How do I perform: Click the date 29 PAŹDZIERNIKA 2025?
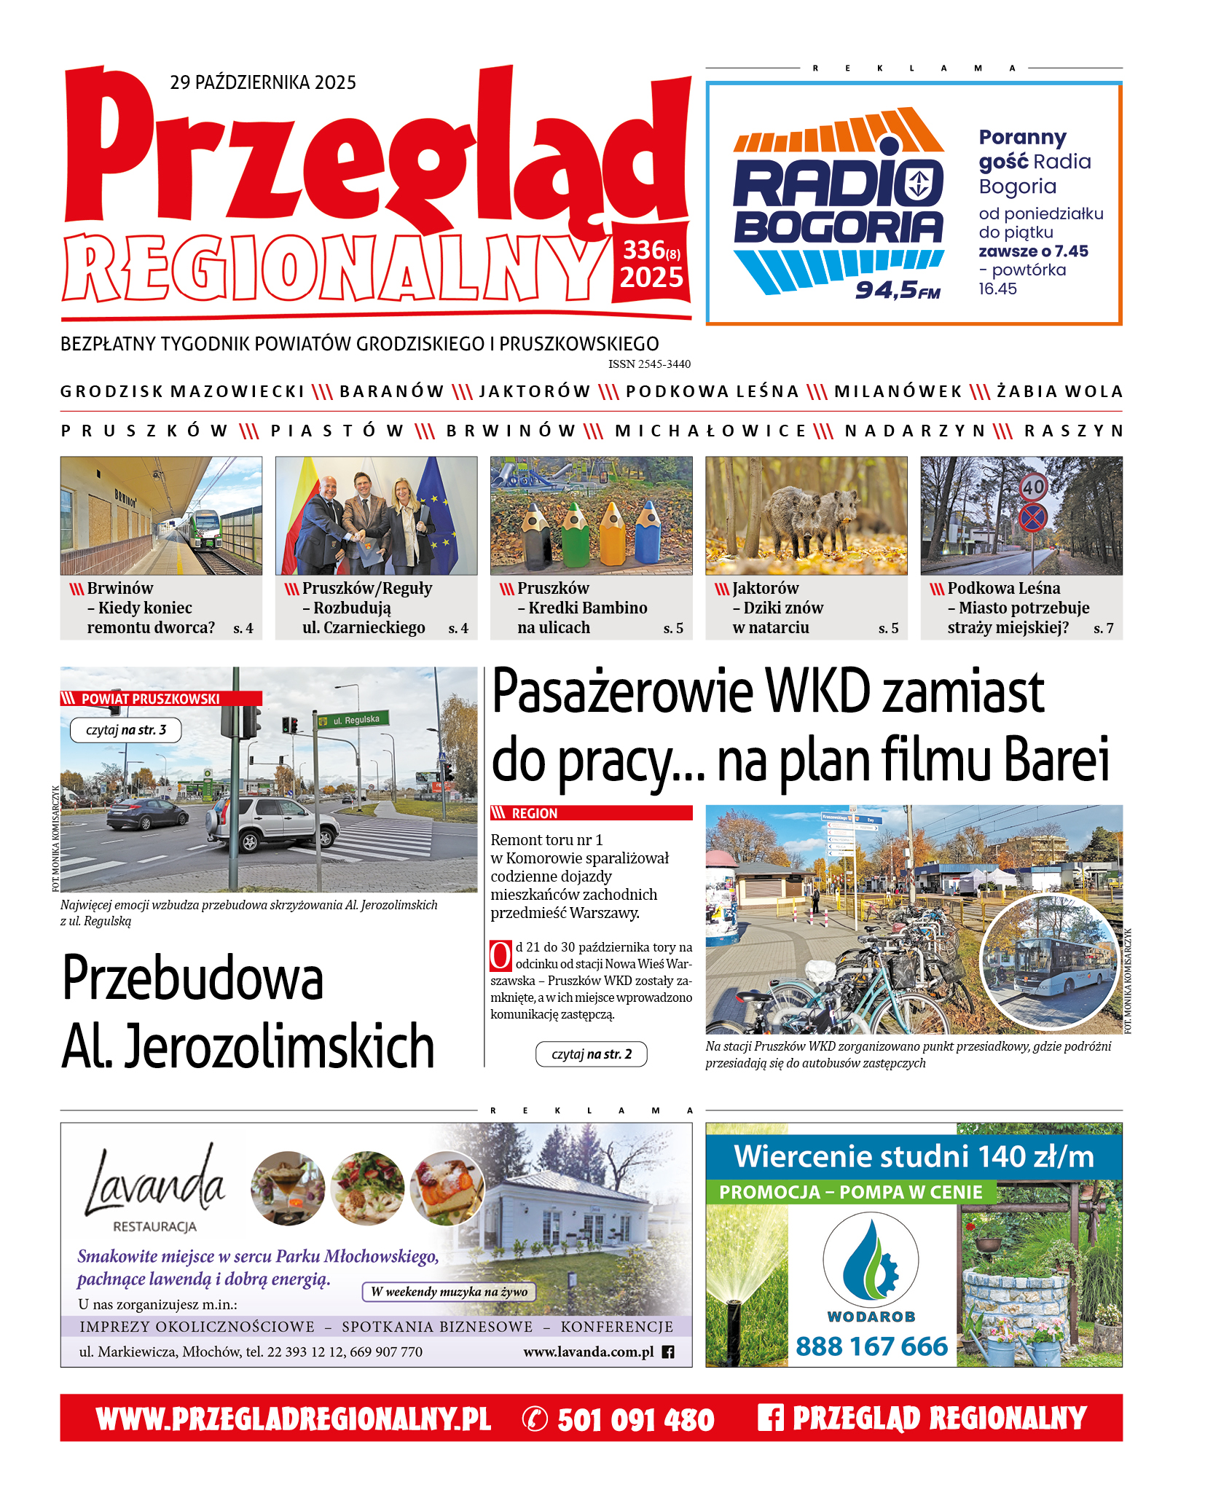(263, 82)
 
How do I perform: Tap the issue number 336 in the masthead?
(644, 250)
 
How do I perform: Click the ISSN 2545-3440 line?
(649, 364)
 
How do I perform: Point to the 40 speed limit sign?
(1033, 487)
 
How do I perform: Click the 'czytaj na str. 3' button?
(125, 730)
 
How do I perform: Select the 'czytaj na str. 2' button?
(591, 1054)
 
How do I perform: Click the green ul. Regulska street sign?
(353, 720)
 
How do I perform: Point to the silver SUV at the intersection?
(273, 824)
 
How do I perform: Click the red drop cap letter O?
(501, 956)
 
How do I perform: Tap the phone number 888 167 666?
(871, 1346)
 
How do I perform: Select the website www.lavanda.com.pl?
(589, 1352)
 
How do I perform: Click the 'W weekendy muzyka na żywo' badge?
(449, 1292)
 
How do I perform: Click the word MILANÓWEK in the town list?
(898, 392)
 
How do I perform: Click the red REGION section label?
(535, 813)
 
